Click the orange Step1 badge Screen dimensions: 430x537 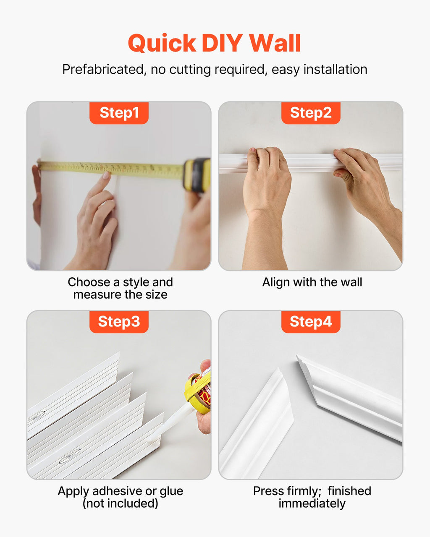pyautogui.click(x=119, y=113)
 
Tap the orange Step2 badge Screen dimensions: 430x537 pyautogui.click(x=311, y=113)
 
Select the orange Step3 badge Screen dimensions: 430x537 pyautogui.click(x=119, y=322)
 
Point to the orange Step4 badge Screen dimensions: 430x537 pyautogui.click(x=311, y=322)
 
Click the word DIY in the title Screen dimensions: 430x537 pyautogui.click(x=222, y=43)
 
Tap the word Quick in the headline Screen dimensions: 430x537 pyautogui.click(x=162, y=43)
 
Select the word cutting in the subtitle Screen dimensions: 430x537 pyautogui.click(x=190, y=70)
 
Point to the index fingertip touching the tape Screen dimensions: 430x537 pyautogui.click(x=107, y=175)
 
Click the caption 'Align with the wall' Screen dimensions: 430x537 pyautogui.click(x=312, y=282)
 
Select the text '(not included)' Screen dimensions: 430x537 pyautogui.click(x=121, y=503)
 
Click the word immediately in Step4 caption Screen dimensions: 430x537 pyautogui.click(x=312, y=503)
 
